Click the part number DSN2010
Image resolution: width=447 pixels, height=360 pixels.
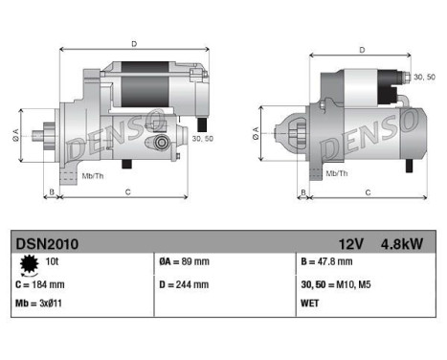pyautogui.click(x=47, y=243)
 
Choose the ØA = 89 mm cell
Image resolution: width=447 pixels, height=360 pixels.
pyautogui.click(x=184, y=261)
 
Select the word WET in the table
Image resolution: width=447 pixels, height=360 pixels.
pyautogui.click(x=311, y=304)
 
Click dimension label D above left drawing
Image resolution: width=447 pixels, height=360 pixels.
pyautogui.click(x=133, y=43)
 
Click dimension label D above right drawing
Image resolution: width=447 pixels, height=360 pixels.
pyautogui.click(x=361, y=50)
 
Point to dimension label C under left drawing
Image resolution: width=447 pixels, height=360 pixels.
pyautogui.click(x=128, y=192)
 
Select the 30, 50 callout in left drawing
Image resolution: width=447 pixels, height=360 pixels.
pyautogui.click(x=202, y=139)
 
